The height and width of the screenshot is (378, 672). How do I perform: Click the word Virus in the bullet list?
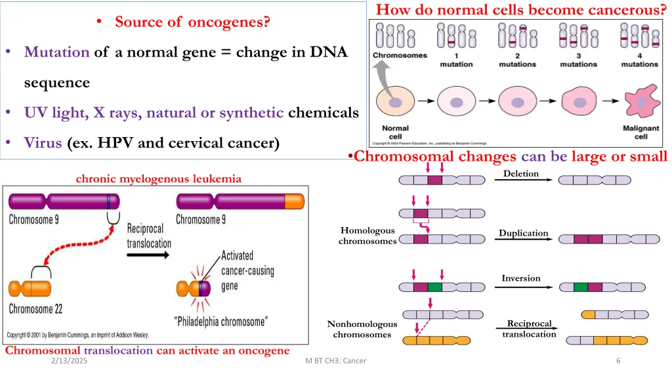click(43, 142)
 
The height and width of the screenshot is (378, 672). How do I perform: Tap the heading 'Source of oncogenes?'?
click(192, 22)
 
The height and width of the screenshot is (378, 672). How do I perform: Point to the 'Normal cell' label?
click(395, 132)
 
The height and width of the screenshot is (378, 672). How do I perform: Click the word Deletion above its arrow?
click(520, 174)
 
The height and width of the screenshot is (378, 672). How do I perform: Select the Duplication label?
click(523, 233)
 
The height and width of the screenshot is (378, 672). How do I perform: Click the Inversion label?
click(521, 278)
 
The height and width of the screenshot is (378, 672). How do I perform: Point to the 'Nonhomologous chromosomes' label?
click(362, 329)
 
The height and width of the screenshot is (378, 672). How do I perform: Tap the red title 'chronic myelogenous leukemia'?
click(158, 178)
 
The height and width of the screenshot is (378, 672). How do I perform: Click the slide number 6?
click(618, 361)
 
